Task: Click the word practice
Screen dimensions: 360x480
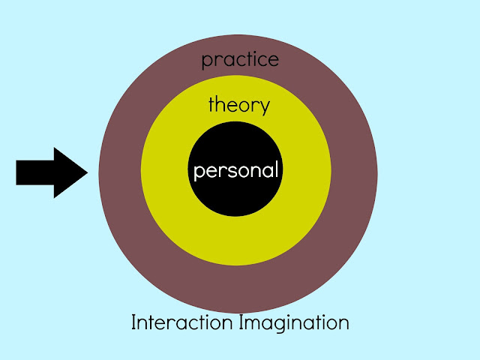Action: [x=241, y=59]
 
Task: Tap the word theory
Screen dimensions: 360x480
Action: [x=238, y=105]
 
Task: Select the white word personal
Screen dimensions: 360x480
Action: [x=236, y=170]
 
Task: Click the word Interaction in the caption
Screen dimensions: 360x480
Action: [x=183, y=322]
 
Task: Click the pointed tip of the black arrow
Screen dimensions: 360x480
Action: [x=87, y=172]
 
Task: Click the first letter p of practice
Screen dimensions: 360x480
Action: [x=207, y=61]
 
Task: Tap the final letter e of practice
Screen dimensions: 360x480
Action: [x=273, y=60]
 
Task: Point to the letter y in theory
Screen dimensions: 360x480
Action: [x=263, y=107]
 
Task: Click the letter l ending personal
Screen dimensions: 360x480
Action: [x=277, y=169]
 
